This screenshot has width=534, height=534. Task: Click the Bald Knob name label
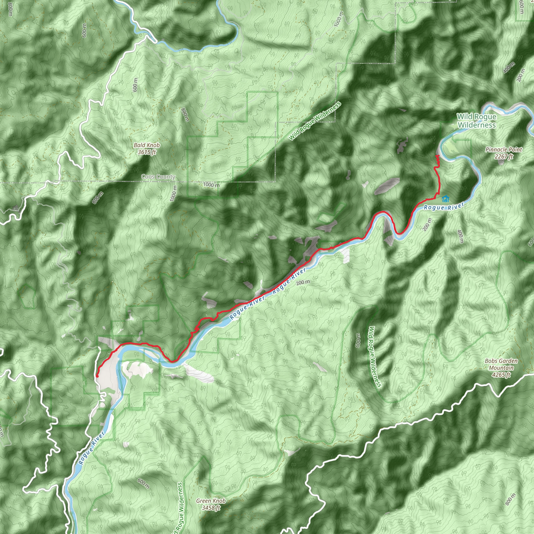click(147, 145)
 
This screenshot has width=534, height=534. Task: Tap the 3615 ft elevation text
click(147, 152)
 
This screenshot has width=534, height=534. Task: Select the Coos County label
click(158, 177)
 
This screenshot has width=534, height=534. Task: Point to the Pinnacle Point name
click(503, 149)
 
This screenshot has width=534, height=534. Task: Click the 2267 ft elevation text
click(503, 156)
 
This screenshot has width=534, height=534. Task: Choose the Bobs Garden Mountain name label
click(501, 364)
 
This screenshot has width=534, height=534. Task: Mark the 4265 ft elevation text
click(501, 375)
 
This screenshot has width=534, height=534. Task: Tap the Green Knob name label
click(211, 501)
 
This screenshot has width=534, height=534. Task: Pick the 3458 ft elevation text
click(211, 508)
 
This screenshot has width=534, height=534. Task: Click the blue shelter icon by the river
click(445, 199)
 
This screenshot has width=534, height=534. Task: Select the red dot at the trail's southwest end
click(97, 376)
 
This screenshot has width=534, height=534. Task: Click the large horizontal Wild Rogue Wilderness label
click(477, 121)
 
